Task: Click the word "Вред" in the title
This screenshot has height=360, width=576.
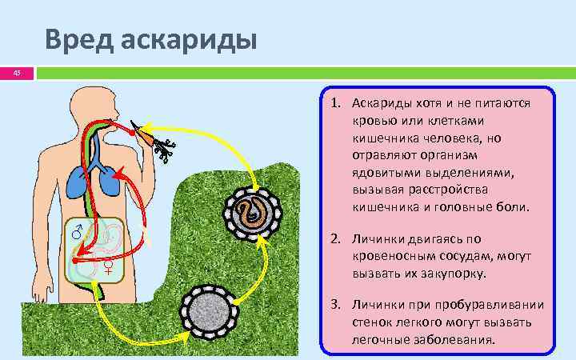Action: point(76,38)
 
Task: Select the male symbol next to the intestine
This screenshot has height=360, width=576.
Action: point(78,233)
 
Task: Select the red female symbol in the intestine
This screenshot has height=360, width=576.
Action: point(108,265)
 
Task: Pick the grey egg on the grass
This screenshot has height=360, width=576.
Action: point(210,310)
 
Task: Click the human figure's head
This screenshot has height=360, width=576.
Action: point(94,104)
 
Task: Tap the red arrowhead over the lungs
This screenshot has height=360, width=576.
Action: point(118,174)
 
